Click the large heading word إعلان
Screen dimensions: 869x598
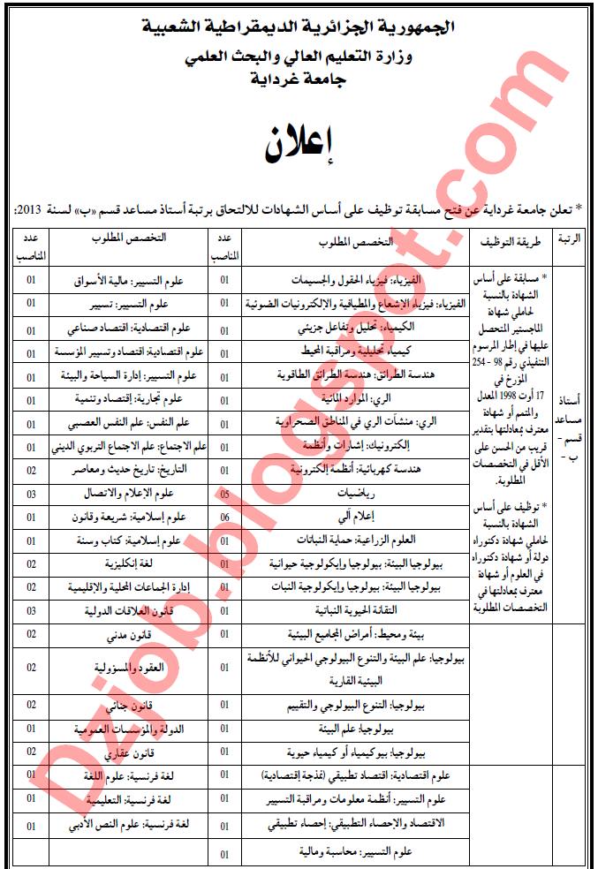click(x=299, y=144)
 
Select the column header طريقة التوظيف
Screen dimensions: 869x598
click(x=505, y=240)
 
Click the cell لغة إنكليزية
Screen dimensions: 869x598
click(x=126, y=563)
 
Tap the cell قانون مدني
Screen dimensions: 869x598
click(x=126, y=634)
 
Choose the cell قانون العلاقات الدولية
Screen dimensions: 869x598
click(x=126, y=609)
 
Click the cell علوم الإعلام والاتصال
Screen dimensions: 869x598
click(x=126, y=493)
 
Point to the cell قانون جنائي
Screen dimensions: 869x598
click(x=126, y=705)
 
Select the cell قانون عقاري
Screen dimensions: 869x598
click(x=126, y=752)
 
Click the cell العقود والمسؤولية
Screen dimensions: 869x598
click(x=126, y=669)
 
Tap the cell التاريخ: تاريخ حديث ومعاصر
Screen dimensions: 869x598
click(x=126, y=469)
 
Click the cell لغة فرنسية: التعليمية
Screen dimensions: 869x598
click(x=126, y=798)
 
